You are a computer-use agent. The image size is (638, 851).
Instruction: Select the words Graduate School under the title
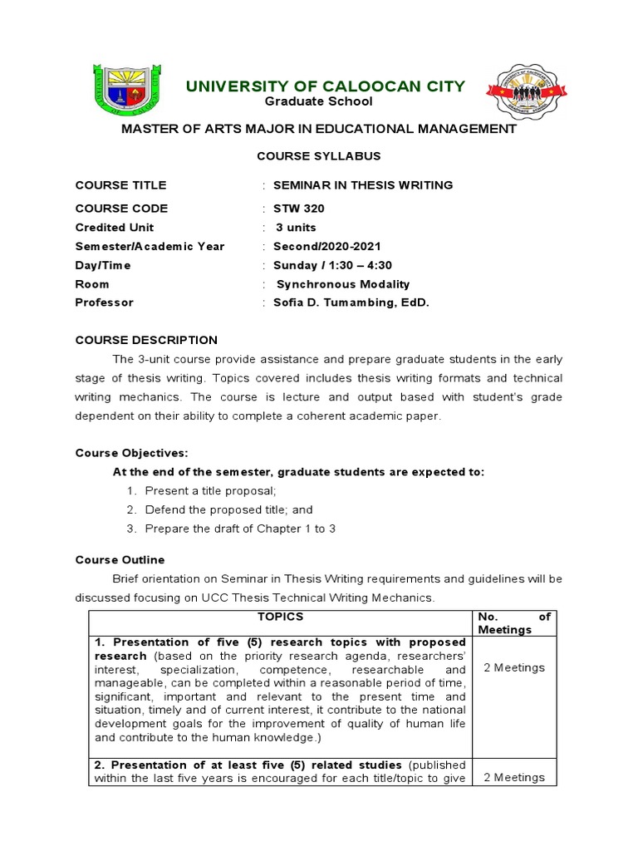pos(318,101)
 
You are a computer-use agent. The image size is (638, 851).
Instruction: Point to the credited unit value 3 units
pos(296,228)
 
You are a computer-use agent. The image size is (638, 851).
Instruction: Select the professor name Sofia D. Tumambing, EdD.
pos(351,303)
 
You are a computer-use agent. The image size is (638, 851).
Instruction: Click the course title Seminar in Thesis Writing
pos(363,185)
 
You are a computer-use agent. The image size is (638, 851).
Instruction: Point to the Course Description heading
pos(146,340)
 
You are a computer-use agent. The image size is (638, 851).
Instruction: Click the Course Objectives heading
pos(132,453)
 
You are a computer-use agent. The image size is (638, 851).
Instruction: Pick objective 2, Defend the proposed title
pos(228,509)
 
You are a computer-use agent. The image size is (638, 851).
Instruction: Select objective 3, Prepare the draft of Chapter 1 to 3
pos(240,529)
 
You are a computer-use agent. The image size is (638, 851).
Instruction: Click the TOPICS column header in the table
pos(280,617)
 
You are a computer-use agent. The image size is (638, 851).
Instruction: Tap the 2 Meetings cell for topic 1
pos(513,667)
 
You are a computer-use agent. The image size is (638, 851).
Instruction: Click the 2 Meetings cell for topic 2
pos(513,777)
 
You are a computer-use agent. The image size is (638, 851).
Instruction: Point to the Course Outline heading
pos(120,559)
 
